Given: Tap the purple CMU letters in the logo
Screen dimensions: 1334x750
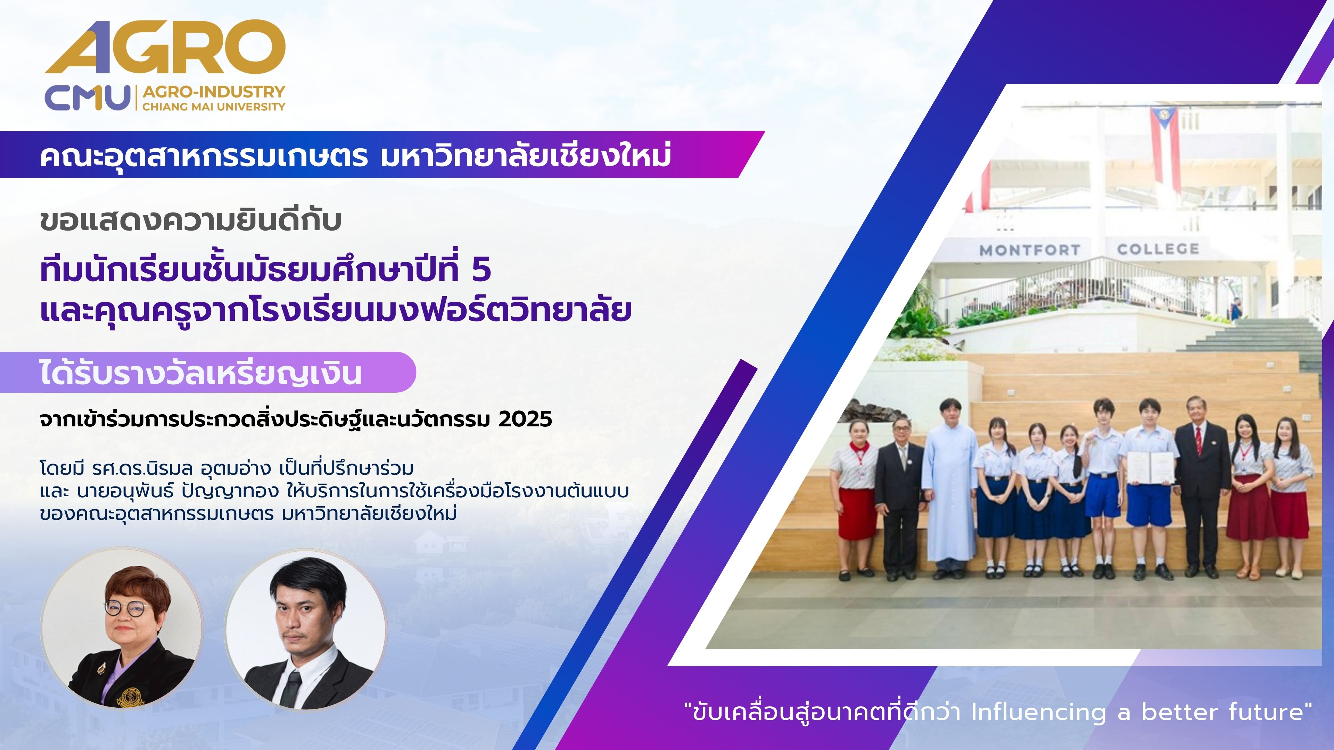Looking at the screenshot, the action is coord(87,98).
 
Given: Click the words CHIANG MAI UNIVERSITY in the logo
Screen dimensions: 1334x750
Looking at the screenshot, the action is coord(214,107).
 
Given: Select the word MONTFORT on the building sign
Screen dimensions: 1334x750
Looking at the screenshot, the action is coord(1029,250).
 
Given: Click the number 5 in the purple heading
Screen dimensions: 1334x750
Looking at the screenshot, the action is coord(481,270).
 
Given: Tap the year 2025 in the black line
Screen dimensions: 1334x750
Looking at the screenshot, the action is coord(526,419).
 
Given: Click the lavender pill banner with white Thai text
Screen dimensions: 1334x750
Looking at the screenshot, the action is coord(207,373).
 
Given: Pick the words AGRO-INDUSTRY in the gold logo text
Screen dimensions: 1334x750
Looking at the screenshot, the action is coord(214,92).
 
